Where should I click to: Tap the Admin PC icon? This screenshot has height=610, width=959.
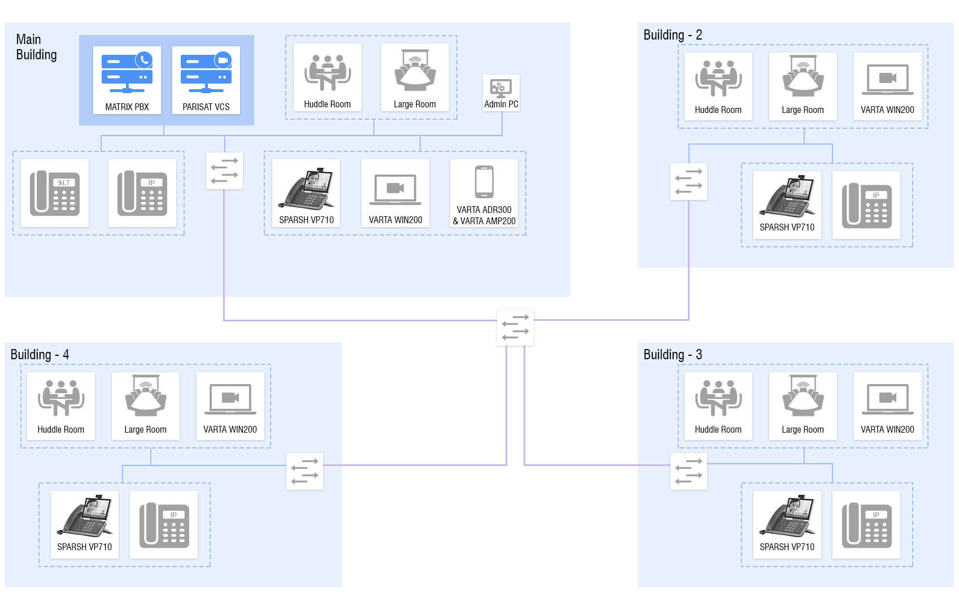pos(501,88)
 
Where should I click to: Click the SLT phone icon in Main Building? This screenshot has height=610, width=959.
pos(55,193)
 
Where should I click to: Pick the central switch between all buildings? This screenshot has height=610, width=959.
pos(515,327)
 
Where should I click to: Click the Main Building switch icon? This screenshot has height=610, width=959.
pos(224,171)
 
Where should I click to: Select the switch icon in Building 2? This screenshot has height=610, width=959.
pos(688,181)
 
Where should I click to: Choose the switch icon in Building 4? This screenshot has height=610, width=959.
pos(304,471)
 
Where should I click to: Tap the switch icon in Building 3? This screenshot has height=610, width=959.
pos(688,471)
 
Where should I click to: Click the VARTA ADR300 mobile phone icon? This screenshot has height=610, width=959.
pos(484,182)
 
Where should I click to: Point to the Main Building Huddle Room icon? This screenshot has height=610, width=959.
pos(328,72)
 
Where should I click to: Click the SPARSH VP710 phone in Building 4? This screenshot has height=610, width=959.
pos(85,516)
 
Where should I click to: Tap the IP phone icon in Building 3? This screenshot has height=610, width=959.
pos(866,525)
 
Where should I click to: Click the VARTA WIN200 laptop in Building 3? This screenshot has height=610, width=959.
pos(887,398)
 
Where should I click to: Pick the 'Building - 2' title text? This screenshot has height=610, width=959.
pos(673,35)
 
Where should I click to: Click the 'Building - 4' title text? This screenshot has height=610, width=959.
pos(40,355)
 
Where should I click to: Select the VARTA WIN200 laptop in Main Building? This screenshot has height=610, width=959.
pos(395,189)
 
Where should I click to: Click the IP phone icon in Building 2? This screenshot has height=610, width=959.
pos(866,206)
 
